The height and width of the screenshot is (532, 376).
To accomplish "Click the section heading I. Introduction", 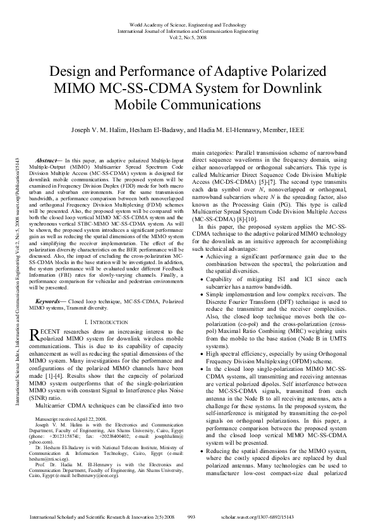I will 106,322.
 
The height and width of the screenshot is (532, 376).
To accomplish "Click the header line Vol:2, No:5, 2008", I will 188,37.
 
